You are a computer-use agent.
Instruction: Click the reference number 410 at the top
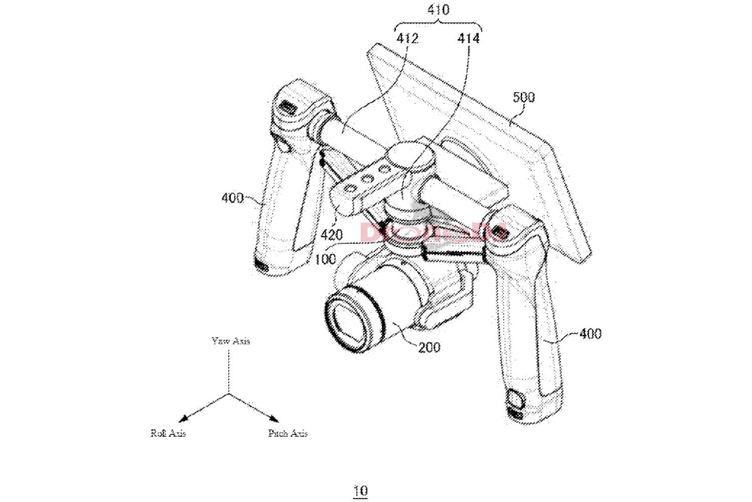pos(438,10)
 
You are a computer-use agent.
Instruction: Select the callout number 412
pos(407,38)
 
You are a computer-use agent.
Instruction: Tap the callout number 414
pos(468,38)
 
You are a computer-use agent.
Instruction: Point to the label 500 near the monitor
pos(523,97)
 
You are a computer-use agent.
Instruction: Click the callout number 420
pos(332,234)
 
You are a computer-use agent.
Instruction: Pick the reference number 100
pos(325,259)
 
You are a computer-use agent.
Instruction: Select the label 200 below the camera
pos(429,347)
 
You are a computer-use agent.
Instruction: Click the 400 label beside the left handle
pos(232,198)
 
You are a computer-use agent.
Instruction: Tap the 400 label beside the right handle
pos(590,333)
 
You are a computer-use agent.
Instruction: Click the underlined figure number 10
pos(360,490)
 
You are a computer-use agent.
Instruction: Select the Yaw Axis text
pos(231,341)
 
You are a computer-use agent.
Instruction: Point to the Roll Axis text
pos(168,433)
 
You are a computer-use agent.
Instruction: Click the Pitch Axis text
pos(287,433)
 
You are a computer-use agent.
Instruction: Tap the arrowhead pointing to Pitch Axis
pos(274,419)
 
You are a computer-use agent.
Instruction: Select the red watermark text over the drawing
pos(432,232)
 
